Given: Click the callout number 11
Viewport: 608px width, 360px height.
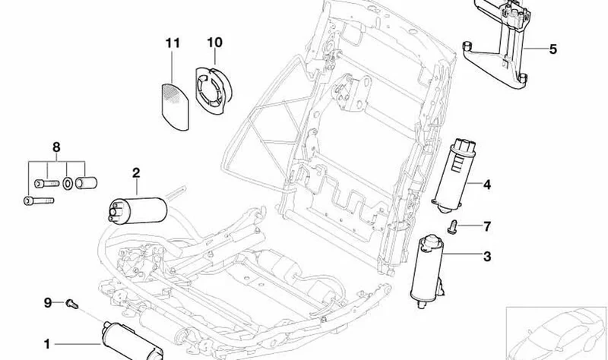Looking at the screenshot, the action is click(x=173, y=43).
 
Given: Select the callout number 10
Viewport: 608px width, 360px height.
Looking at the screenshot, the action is click(x=214, y=43).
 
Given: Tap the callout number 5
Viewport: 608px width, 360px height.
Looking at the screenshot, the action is click(x=553, y=49).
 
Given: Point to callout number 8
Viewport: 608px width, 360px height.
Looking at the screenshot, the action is click(x=56, y=147).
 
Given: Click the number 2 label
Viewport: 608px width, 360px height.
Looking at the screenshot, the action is click(x=136, y=173).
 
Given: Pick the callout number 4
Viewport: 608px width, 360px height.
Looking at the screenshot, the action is click(x=486, y=185).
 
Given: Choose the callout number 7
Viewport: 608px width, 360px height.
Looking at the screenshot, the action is click(x=487, y=226).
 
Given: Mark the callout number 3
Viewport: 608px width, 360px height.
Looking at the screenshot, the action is click(x=487, y=256).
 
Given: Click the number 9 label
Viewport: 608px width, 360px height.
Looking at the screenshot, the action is click(x=47, y=302).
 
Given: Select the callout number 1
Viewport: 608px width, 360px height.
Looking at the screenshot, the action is click(x=47, y=344).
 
